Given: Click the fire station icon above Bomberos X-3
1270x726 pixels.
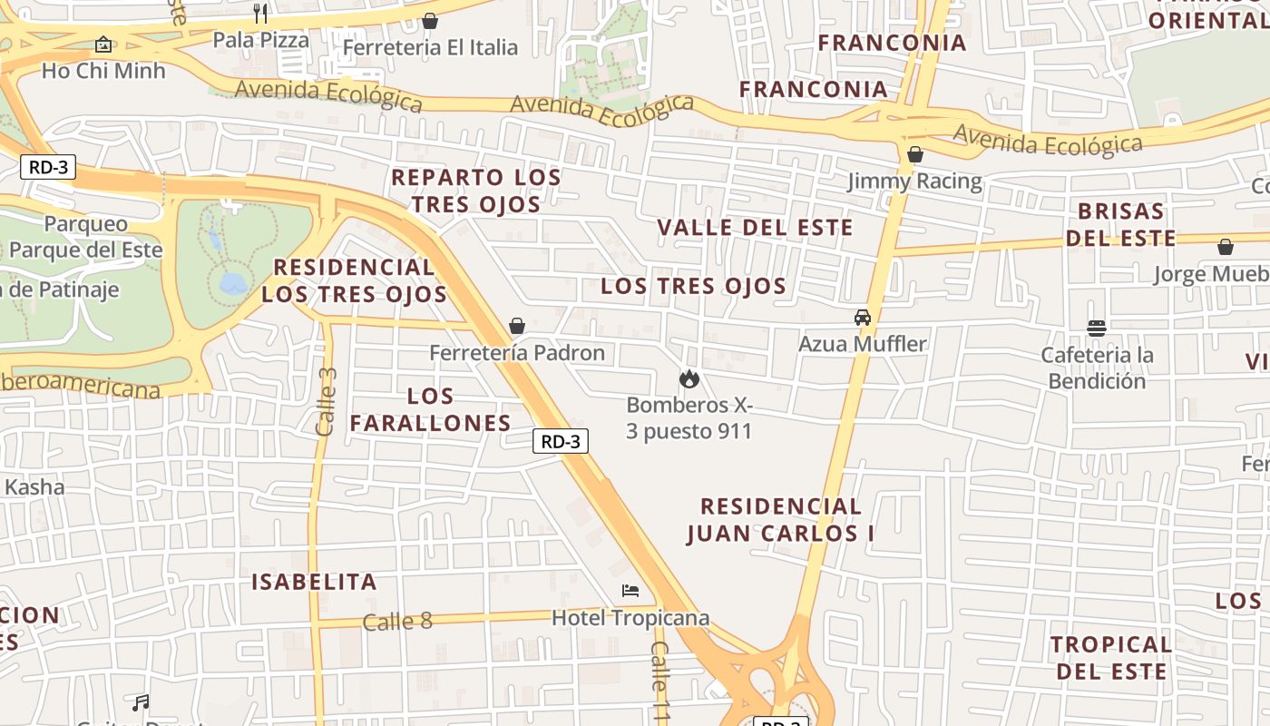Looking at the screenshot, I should click(x=689, y=378).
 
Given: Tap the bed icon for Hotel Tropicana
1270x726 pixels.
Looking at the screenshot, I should click(x=630, y=591).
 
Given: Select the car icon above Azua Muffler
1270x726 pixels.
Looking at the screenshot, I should click(x=862, y=317).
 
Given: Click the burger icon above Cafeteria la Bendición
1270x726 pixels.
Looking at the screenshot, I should click(x=1097, y=328).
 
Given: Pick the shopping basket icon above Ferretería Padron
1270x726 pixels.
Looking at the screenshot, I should click(x=517, y=325).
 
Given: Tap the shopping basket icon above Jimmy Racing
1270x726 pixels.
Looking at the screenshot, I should click(x=914, y=154).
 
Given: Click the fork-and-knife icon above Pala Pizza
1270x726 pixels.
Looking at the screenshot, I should click(x=260, y=13).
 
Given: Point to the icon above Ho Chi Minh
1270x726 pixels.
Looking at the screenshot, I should click(x=103, y=44).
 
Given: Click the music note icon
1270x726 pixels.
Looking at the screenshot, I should click(x=141, y=702).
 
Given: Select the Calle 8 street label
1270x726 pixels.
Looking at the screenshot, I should click(x=397, y=622).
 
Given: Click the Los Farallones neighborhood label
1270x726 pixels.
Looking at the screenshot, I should click(x=431, y=409).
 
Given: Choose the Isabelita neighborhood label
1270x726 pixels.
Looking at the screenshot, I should click(x=314, y=582).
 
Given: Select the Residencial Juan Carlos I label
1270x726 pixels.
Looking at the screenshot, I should click(x=781, y=519).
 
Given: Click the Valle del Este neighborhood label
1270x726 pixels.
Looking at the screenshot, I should click(x=755, y=227).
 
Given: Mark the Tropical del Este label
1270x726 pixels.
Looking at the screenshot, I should click(x=1111, y=658).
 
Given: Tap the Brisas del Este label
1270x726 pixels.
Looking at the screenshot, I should click(x=1121, y=224).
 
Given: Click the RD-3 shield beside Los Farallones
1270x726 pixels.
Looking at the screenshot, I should click(x=560, y=442).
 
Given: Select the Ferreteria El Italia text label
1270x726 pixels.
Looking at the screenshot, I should click(x=430, y=47).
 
